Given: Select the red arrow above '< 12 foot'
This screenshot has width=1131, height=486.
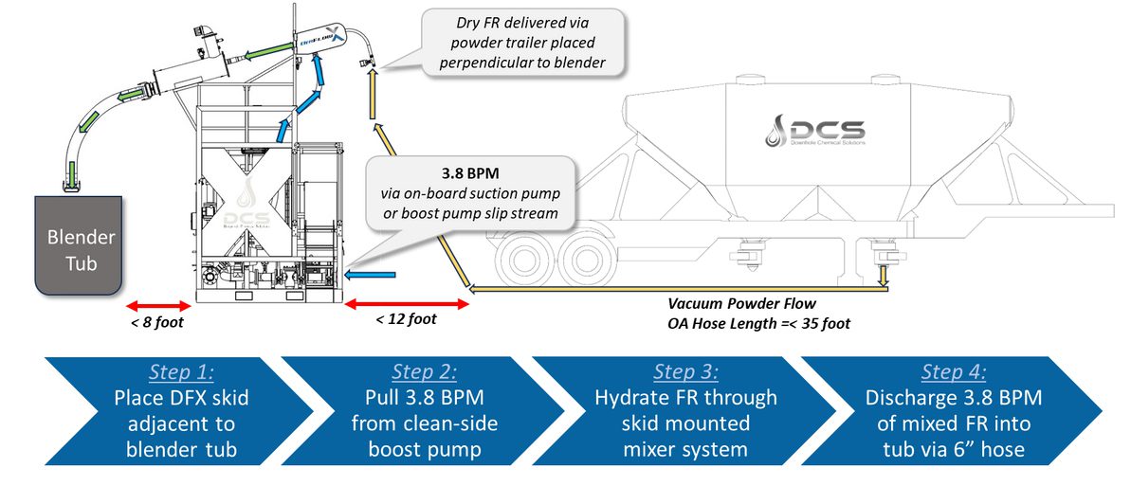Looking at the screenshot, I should point(406,303).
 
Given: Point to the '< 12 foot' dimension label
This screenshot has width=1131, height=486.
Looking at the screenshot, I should point(406,319).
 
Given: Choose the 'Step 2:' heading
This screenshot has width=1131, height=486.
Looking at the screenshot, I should point(426,371).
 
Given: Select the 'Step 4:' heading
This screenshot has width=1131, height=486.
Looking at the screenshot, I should point(954,371).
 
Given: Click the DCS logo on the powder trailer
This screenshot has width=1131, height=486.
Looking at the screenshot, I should point(814,131).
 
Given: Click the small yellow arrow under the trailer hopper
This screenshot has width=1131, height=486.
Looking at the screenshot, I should point(883,274).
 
